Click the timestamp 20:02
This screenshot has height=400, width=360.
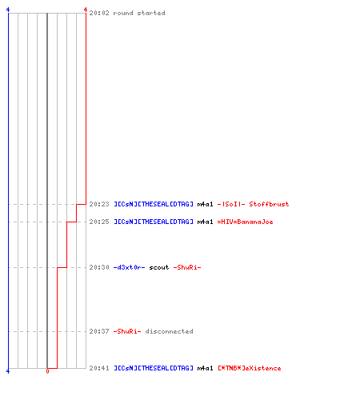(99, 13)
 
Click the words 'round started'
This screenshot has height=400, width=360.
(139, 13)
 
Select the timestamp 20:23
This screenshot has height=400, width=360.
(99, 204)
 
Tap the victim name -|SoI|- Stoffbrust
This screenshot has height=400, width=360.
(253, 204)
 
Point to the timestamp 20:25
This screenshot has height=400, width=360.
(99, 222)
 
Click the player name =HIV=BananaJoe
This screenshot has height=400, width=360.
(246, 222)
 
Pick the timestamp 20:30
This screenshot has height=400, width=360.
(99, 267)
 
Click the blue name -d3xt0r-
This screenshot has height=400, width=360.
(130, 267)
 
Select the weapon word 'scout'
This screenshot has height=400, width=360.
(159, 267)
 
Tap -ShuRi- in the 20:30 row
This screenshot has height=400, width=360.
(187, 267)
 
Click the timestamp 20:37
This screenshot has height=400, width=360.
(99, 331)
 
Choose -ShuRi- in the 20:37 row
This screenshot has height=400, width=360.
(127, 331)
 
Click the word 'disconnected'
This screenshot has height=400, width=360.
(169, 331)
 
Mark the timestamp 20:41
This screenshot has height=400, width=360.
(99, 368)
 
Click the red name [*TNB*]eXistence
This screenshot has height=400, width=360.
(250, 368)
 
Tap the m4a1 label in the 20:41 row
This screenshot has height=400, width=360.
(205, 368)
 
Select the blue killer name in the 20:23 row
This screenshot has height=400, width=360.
(154, 204)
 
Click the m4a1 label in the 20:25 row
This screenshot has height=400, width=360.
(205, 222)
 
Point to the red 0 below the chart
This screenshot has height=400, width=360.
(47, 371)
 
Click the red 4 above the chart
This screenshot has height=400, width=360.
(86, 10)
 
